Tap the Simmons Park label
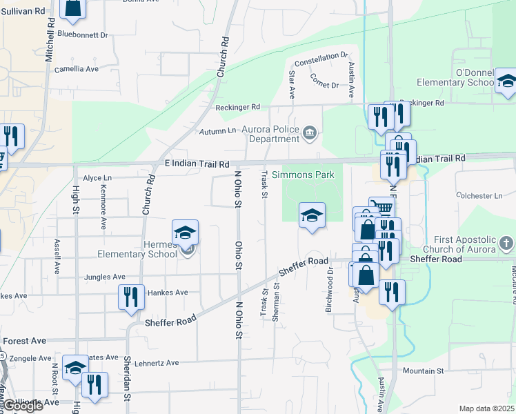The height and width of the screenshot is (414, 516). coord(303,175)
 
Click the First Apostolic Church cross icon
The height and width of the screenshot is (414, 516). coord(506,243)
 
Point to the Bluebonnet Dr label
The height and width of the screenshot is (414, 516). coord(83,34)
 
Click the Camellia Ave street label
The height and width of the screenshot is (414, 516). coord(77,69)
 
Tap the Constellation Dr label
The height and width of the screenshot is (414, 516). coord(321,57)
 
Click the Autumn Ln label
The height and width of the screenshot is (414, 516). coord(217,130)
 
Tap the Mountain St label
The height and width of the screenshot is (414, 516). coord(423,371)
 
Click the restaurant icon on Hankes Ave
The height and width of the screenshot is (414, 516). coord(131,297)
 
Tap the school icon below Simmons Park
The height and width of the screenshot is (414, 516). coord(312,215)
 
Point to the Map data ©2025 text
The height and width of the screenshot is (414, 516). coord(486,408)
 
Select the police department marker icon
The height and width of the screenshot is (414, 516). coord(310,132)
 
